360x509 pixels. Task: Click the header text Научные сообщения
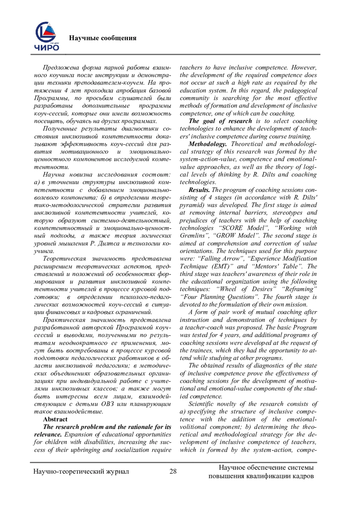(x=103, y=38)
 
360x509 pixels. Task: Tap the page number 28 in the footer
(x=173, y=471)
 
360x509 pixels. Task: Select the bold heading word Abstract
(x=55, y=419)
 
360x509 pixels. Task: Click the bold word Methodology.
(x=208, y=144)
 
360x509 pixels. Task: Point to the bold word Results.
(x=199, y=190)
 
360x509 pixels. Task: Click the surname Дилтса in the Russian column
(x=110, y=244)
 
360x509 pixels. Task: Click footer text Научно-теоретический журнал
(x=81, y=472)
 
